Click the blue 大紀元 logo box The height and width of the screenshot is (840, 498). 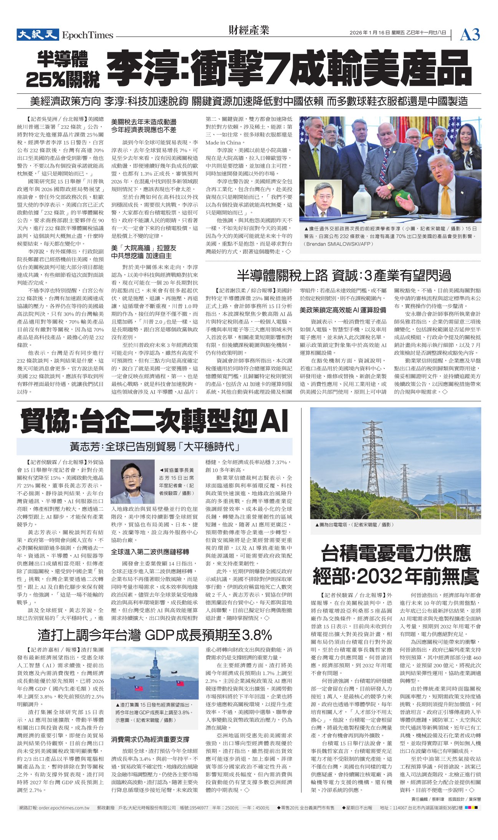click(37, 35)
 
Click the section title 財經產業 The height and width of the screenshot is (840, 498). click(249, 30)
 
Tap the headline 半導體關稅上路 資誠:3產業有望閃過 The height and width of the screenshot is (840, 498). click(344, 275)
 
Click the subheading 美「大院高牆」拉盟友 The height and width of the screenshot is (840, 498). click(144, 248)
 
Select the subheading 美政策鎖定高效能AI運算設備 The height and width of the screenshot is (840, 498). click(343, 310)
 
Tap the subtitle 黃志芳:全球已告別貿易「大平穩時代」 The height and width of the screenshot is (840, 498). click(154, 447)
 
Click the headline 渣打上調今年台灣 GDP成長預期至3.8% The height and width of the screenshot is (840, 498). click(154, 635)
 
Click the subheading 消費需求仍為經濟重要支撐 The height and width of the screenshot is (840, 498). click(150, 739)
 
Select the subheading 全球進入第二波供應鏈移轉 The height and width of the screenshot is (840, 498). click(150, 552)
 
